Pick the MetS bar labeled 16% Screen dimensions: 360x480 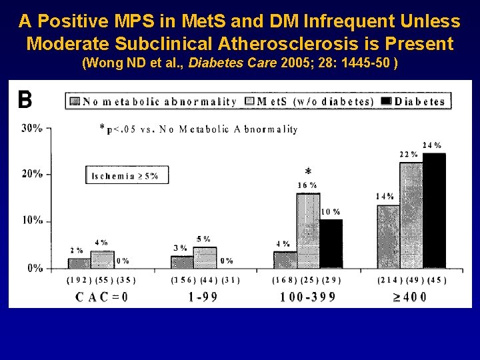pyautogui.click(x=308, y=231)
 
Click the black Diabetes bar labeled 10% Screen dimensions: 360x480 pyautogui.click(x=331, y=243)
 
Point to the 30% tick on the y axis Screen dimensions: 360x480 pyautogui.click(x=32, y=128)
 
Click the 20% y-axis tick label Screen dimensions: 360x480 pyautogui.click(x=32, y=174)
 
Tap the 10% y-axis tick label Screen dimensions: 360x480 pyautogui.click(x=32, y=221)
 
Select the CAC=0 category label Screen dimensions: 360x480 pyautogui.click(x=102, y=297)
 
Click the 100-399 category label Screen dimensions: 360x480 pyautogui.click(x=308, y=297)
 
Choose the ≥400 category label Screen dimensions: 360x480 pyautogui.click(x=409, y=297)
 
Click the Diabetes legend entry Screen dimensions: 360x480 pyautogui.click(x=413, y=101)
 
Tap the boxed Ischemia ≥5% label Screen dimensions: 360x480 pyautogui.click(x=127, y=175)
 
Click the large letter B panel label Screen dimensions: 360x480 pyautogui.click(x=25, y=100)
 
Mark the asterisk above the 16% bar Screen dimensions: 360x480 pyautogui.click(x=308, y=171)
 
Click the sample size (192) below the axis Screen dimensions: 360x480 pyautogui.click(x=79, y=281)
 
